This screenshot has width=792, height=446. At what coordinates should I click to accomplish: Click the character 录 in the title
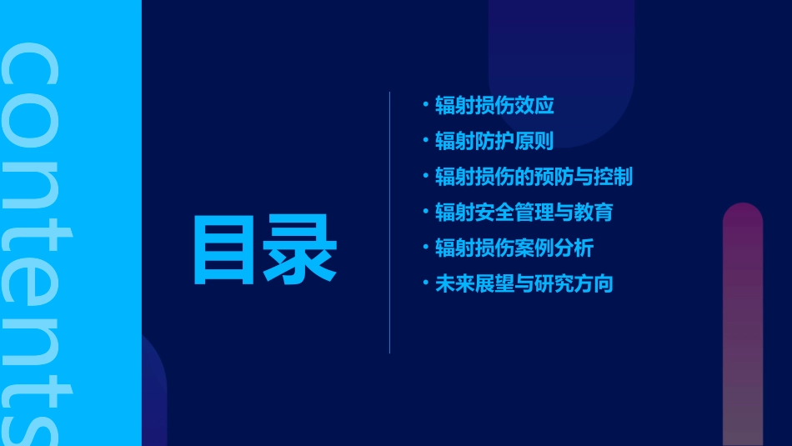click(x=300, y=250)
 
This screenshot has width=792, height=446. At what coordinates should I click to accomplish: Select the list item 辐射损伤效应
click(x=494, y=106)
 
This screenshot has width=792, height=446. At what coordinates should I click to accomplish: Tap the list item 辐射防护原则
click(x=494, y=141)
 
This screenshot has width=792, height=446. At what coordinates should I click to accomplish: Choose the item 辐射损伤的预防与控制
click(x=534, y=177)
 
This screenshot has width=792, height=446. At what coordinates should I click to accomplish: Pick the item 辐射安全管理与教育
click(x=524, y=212)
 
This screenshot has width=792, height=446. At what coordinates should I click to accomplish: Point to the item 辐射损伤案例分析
click(x=514, y=248)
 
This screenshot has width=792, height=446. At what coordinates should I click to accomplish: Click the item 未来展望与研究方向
click(x=524, y=283)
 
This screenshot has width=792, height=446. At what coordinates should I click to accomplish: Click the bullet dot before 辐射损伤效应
click(x=425, y=105)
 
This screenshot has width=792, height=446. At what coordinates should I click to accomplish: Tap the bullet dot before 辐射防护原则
click(x=425, y=140)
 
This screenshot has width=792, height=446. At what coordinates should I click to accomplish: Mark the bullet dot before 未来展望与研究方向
click(x=425, y=283)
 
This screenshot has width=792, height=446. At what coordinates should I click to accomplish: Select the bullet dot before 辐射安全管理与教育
click(x=425, y=211)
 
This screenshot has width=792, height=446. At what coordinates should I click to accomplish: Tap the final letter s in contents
click(x=33, y=422)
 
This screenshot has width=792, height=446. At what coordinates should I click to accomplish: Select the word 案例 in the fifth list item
click(x=534, y=248)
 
